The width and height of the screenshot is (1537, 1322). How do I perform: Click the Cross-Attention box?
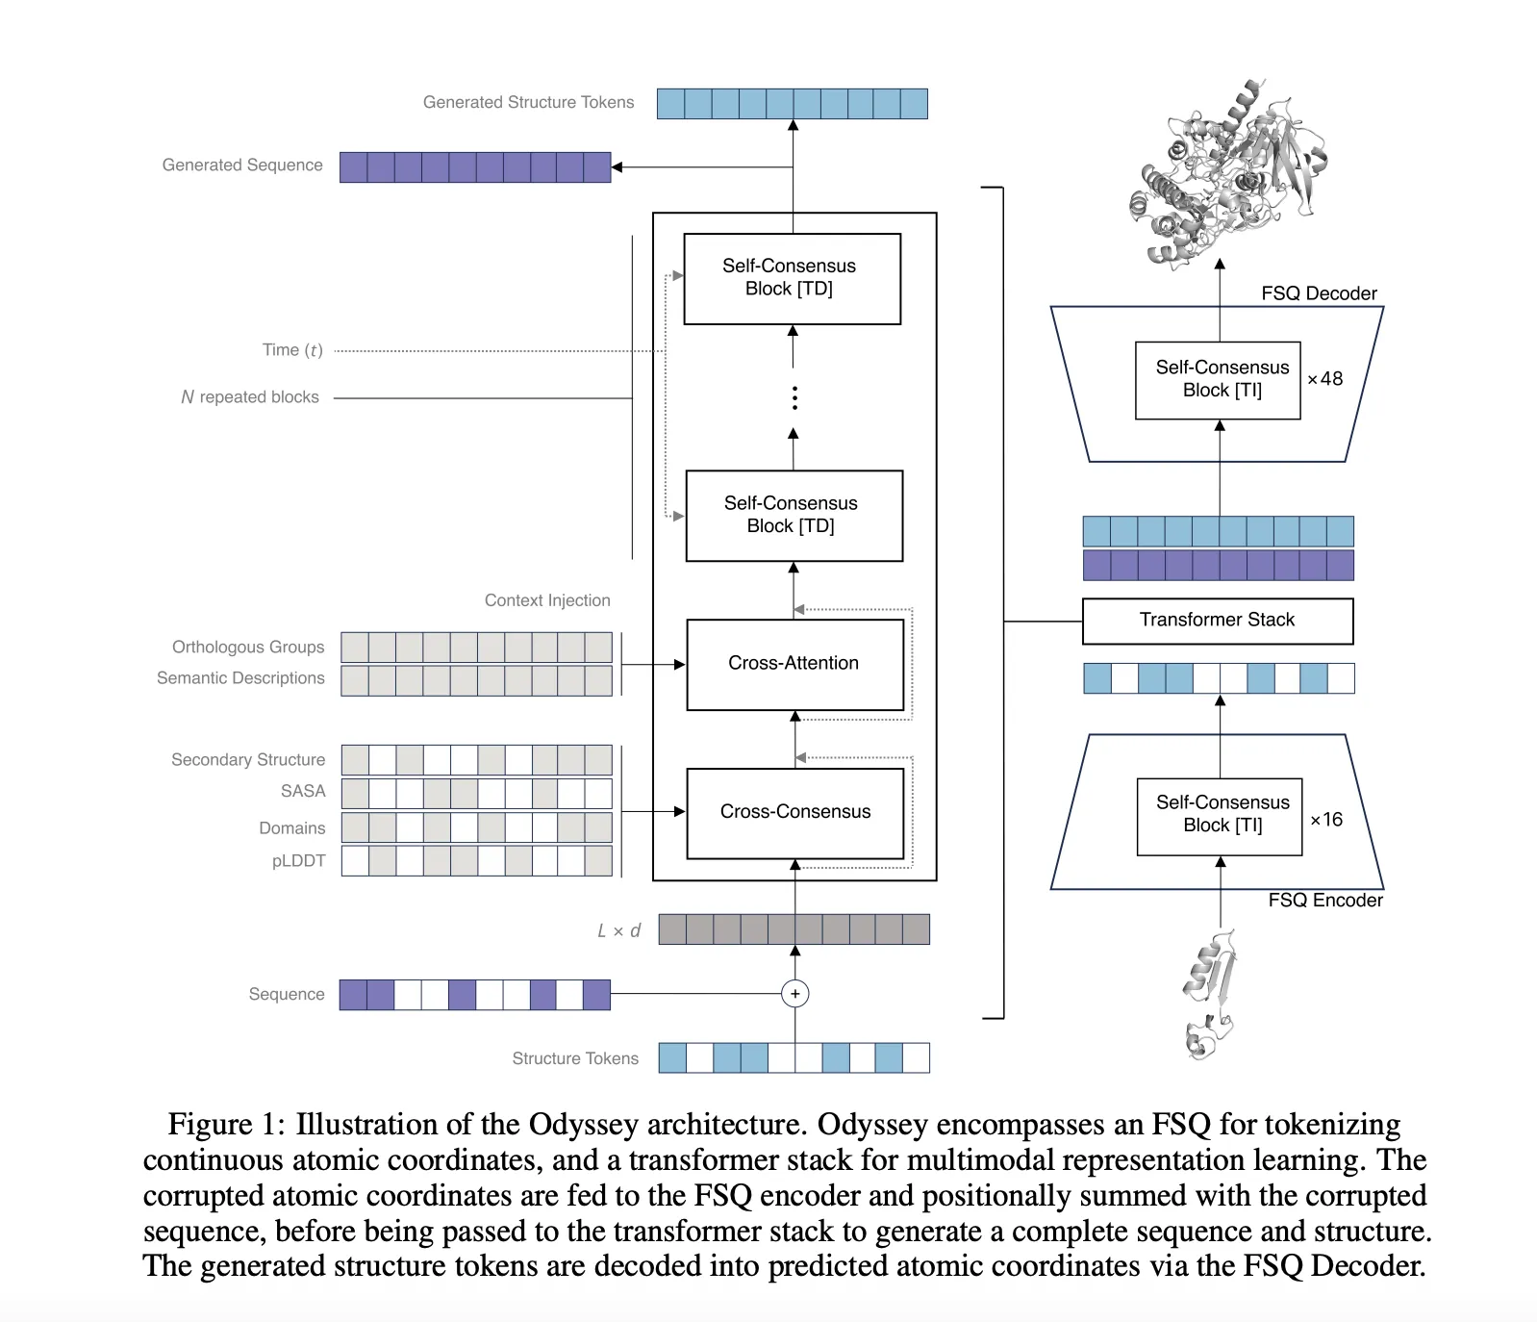click(794, 664)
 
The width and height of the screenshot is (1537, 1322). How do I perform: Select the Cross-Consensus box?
click(794, 812)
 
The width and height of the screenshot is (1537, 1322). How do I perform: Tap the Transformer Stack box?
click(1217, 621)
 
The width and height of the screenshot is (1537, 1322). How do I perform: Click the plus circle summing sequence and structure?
click(794, 994)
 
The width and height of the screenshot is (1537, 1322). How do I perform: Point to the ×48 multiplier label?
click(1324, 379)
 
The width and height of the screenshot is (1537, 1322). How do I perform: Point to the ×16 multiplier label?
click(1326, 820)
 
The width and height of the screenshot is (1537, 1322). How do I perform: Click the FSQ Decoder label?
click(1319, 293)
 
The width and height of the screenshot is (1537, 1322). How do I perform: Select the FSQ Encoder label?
click(1324, 901)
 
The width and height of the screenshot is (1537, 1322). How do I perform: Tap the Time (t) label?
click(292, 350)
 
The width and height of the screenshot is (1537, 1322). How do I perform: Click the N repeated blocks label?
click(250, 397)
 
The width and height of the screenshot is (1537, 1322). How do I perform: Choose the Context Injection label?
click(547, 600)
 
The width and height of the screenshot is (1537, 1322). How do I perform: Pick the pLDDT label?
click(298, 861)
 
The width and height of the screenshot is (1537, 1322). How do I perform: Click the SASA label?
click(303, 791)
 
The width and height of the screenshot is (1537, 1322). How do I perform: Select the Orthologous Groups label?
click(248, 648)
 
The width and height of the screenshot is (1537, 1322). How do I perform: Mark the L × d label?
click(618, 930)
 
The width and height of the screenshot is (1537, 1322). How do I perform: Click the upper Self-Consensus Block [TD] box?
click(792, 278)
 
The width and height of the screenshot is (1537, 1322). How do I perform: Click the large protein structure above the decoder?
click(1226, 173)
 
